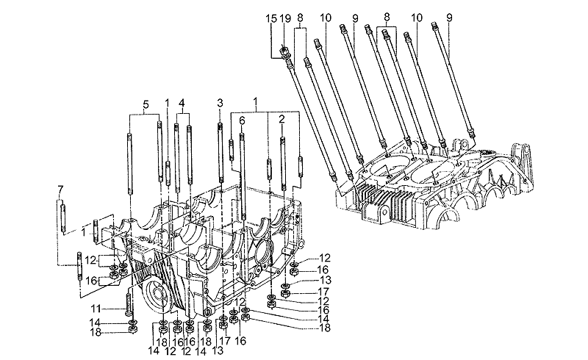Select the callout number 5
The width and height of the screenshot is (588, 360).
(x=145, y=104)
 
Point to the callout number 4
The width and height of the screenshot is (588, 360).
(x=182, y=104)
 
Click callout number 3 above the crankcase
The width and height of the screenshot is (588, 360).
(x=219, y=104)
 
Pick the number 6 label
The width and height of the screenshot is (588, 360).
(x=241, y=120)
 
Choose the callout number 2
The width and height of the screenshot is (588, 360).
(x=282, y=120)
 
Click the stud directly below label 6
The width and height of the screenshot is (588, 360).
(x=241, y=173)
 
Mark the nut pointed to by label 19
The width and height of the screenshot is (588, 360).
(x=283, y=52)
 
